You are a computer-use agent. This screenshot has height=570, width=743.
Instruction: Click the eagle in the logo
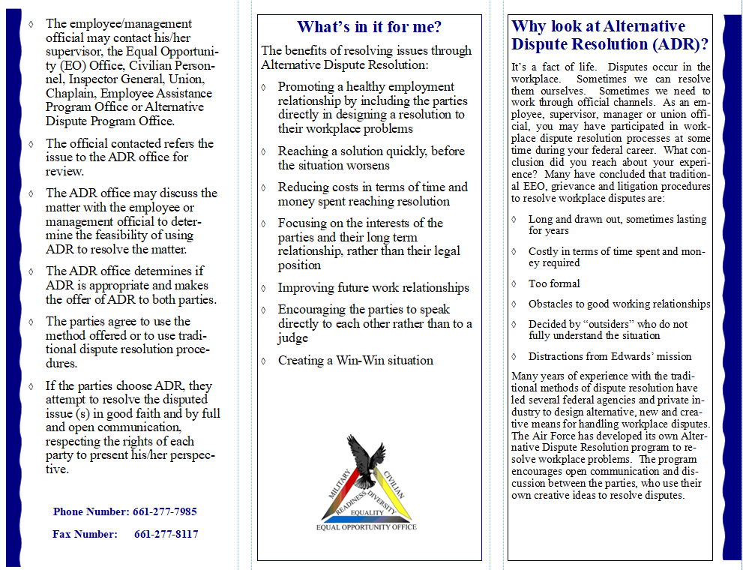[365, 458]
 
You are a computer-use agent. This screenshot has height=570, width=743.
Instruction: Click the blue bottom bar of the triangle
[367, 519]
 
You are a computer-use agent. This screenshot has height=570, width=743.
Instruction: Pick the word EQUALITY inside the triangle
[367, 512]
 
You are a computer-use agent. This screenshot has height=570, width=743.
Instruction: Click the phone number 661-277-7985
[165, 511]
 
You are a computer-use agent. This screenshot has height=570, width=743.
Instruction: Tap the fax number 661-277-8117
[166, 534]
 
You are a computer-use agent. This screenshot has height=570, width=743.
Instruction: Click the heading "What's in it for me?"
[369, 28]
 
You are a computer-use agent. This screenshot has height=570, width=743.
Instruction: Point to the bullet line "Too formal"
[554, 283]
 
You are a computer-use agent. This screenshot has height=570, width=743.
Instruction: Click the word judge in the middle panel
[293, 338]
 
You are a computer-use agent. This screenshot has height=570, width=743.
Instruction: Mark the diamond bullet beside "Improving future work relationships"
[264, 288]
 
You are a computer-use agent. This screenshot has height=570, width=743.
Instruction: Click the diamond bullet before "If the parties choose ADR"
[30, 386]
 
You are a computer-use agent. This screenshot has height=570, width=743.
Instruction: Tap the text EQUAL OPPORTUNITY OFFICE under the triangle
[367, 527]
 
